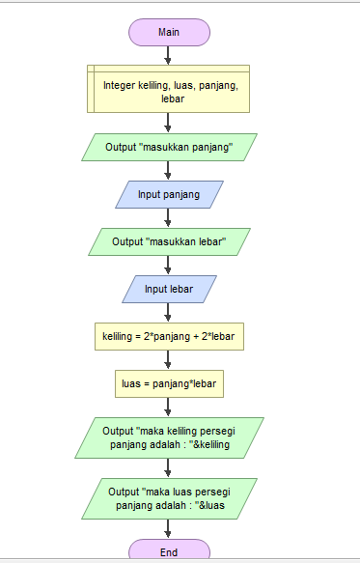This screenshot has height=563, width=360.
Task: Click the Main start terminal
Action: tap(169, 32)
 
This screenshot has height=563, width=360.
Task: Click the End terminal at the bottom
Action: tap(169, 551)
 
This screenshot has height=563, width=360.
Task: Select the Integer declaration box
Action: tap(169, 91)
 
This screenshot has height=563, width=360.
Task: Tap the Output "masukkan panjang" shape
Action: tap(169, 147)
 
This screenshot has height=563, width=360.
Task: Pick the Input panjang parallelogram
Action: tap(169, 194)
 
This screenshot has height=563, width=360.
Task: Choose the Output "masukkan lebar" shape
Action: tap(169, 241)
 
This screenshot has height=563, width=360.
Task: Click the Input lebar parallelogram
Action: tap(169, 289)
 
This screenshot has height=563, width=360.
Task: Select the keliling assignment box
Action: tap(169, 336)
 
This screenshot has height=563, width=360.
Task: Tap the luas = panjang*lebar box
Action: tap(169, 383)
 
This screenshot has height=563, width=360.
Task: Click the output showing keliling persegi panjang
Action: tap(169, 437)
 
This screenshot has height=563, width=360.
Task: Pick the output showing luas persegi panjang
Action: tap(169, 498)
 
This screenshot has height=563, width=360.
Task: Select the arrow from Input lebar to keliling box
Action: tap(169, 312)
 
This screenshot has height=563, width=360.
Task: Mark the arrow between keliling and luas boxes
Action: tap(169, 359)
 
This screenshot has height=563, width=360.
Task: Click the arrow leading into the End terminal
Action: tap(169, 529)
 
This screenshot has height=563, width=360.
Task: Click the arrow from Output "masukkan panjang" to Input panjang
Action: tap(169, 171)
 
